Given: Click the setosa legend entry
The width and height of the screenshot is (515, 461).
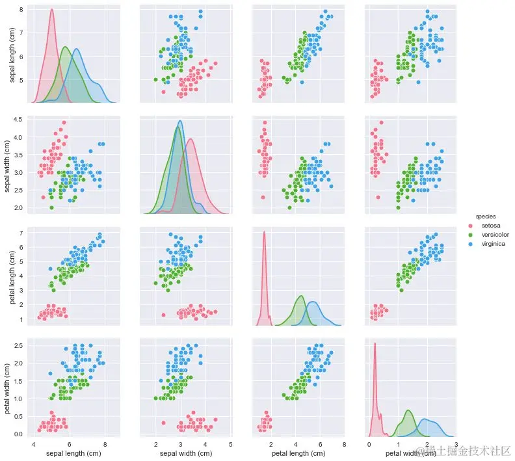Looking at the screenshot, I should tap(490, 225).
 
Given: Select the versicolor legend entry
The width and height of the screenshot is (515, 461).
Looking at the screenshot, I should tap(494, 234).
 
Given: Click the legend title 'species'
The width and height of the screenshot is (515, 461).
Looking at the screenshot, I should tap(486, 215).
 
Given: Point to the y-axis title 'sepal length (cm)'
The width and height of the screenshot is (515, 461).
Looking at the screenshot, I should tap(12, 54).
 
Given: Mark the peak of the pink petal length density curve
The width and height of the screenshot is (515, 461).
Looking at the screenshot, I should tap(264, 232).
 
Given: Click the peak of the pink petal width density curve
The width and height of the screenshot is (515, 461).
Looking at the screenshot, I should tap(375, 343).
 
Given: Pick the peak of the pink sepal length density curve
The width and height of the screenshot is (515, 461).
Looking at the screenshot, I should tap(51, 10).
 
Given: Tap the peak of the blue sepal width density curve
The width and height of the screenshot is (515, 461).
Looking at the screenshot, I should tap(180, 121).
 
